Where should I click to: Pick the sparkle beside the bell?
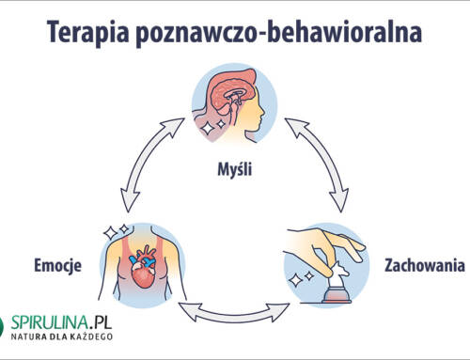(299, 278)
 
